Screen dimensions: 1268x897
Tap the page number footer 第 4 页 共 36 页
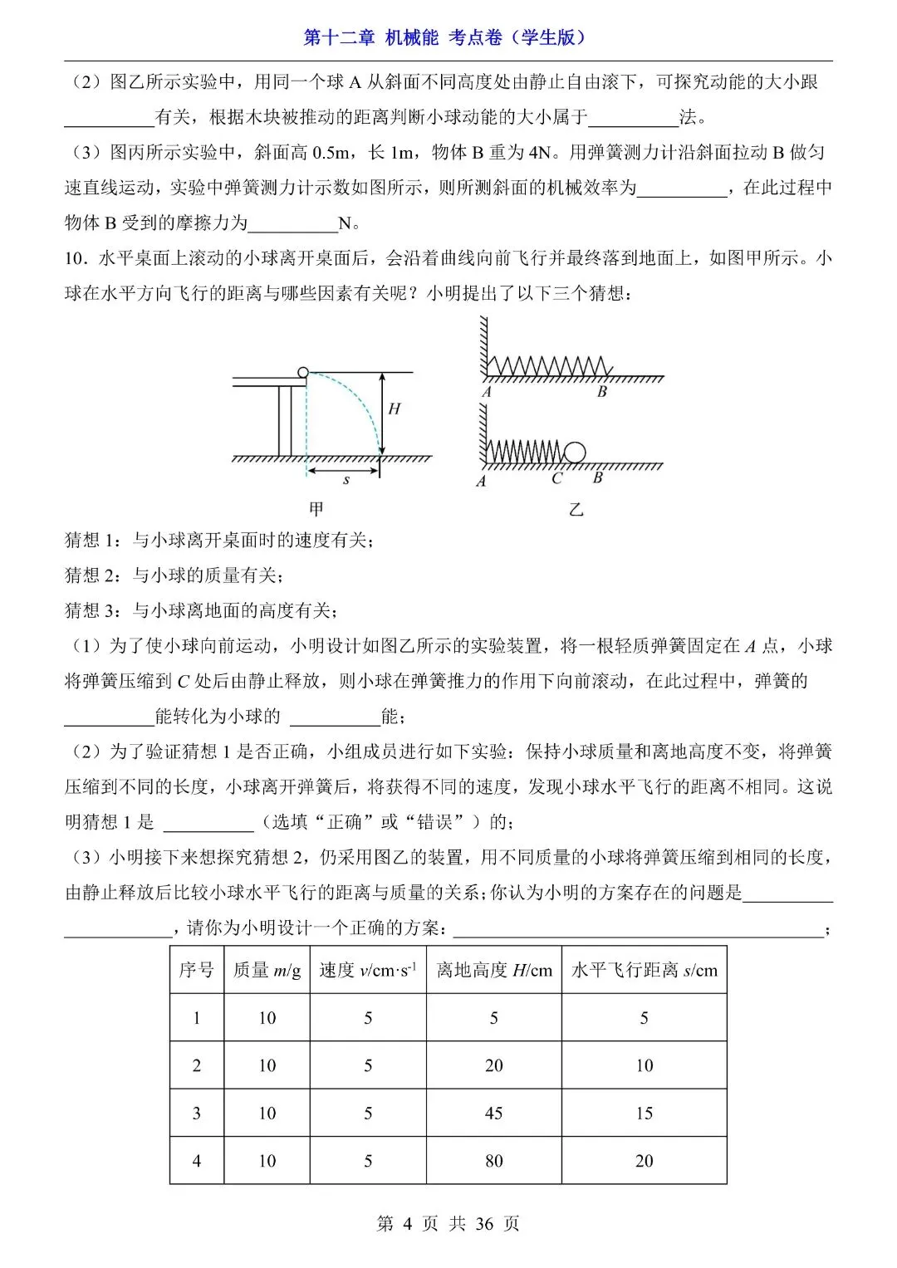pos(448,1223)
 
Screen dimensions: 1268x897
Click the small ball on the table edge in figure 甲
pos(302,373)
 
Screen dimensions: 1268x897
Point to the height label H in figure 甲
pos(394,409)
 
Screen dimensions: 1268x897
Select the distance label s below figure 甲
pos(346,480)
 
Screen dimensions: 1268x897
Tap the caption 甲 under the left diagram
pos(316,508)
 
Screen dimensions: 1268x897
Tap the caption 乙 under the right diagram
pos(576,508)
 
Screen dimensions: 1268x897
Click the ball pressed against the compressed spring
pos(575,453)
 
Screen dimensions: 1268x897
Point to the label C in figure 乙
pos(556,479)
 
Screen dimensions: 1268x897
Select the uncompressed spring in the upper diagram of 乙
pos(548,365)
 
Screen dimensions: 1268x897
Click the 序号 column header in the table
pos(197,970)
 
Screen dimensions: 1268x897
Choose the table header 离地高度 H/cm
pos(494,970)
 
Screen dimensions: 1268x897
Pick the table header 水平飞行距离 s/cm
pos(644,970)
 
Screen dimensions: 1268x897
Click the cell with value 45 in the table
pos(494,1113)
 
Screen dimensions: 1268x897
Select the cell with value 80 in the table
pos(494,1161)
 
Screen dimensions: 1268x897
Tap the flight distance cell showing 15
pos(644,1113)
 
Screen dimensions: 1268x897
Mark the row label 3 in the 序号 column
pos(197,1113)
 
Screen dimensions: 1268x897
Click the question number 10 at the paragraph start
pos(75,258)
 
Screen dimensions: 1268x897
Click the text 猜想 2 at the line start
pos(93,575)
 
